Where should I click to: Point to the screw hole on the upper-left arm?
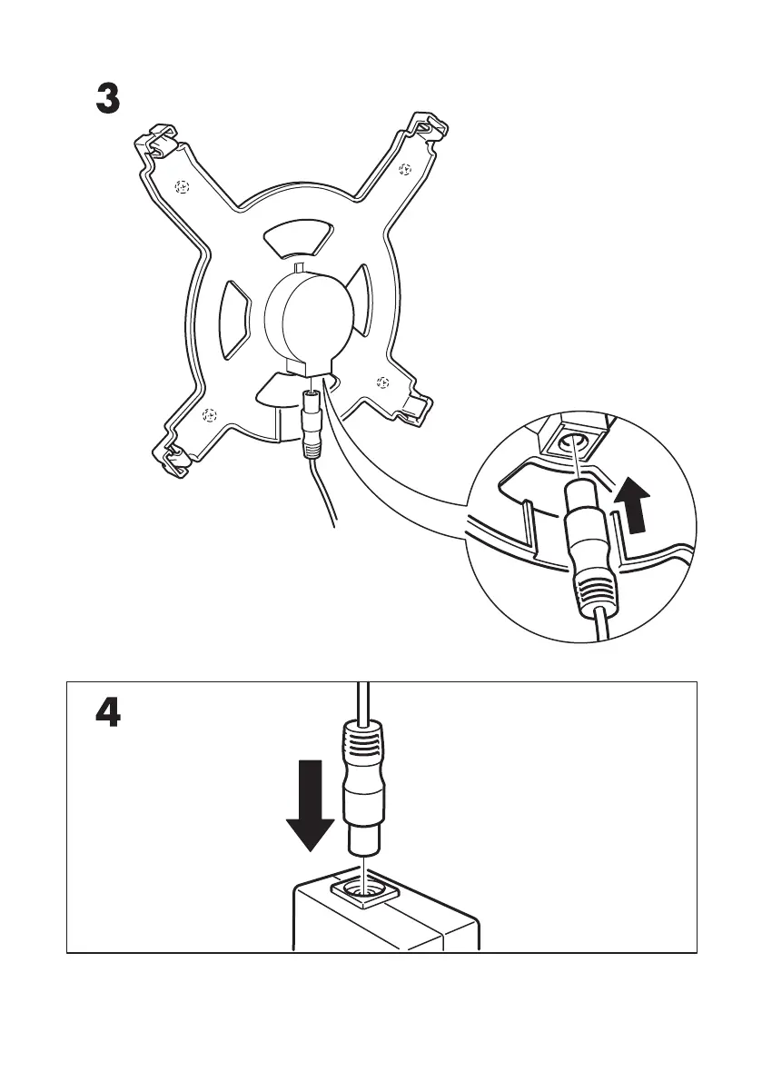(183, 187)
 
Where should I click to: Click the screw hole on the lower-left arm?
(209, 415)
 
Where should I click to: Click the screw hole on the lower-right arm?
(382, 382)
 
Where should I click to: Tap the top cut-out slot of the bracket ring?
(298, 238)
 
